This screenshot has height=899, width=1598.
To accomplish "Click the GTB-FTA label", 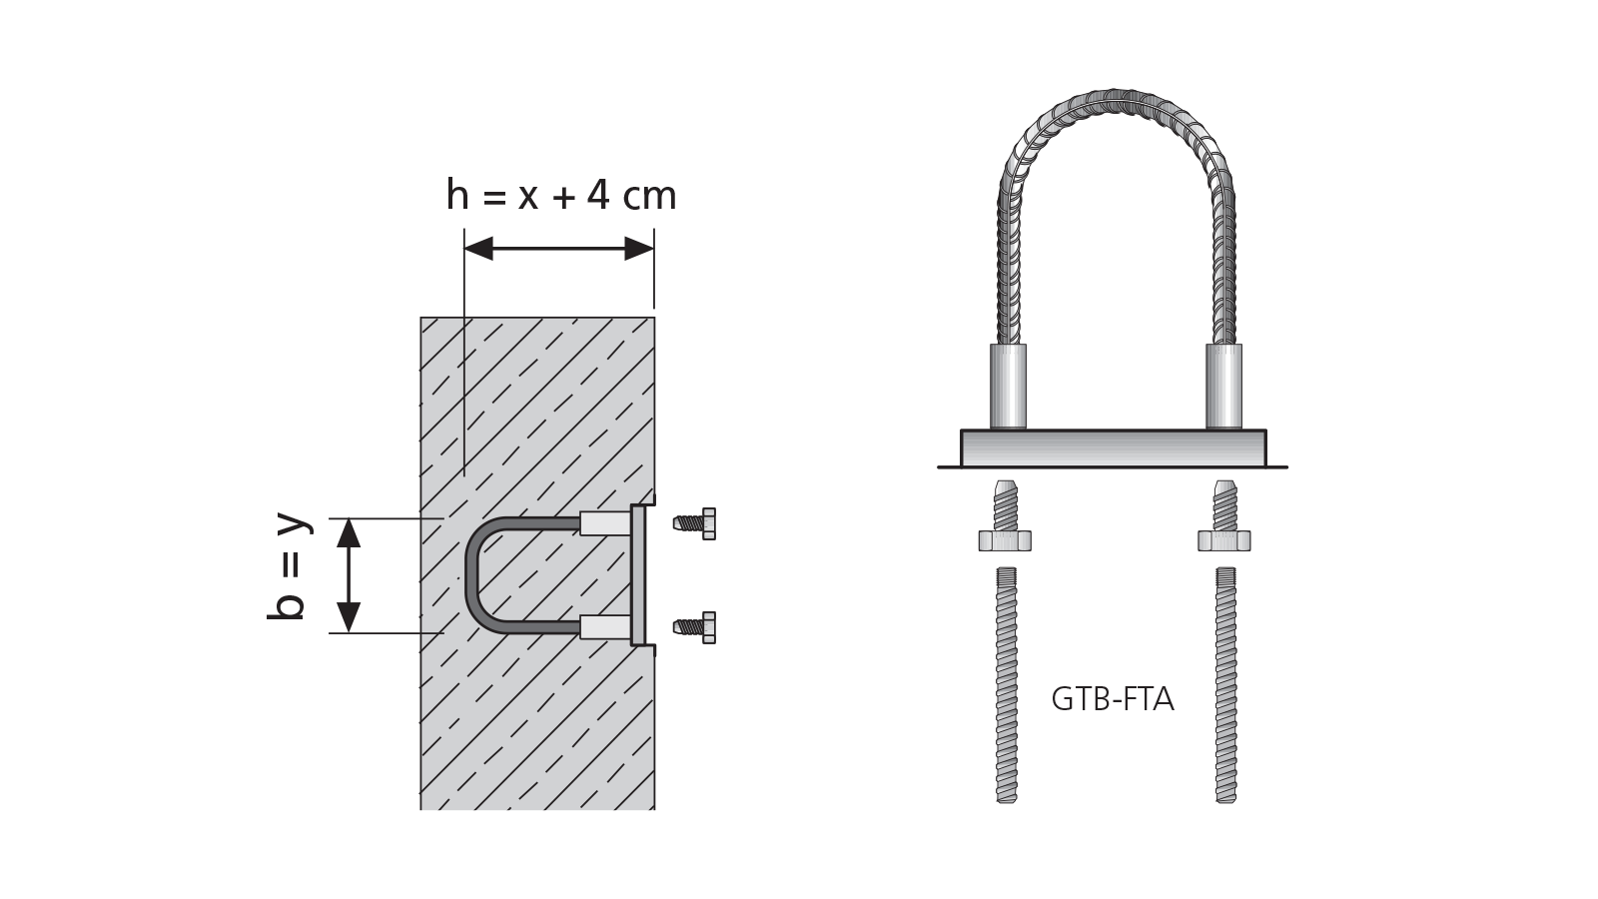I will pyautogui.click(x=1112, y=699).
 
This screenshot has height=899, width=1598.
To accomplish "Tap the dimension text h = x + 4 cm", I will pyautogui.click(x=561, y=196).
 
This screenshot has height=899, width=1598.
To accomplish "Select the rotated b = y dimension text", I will pyautogui.click(x=289, y=566).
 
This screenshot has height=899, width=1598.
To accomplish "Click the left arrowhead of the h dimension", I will pyautogui.click(x=478, y=249).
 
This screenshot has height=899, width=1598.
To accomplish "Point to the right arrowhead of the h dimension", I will pyautogui.click(x=639, y=249).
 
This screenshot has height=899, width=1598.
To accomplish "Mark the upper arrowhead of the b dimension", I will pyautogui.click(x=349, y=532).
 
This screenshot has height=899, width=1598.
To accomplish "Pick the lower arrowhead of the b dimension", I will pyautogui.click(x=349, y=617).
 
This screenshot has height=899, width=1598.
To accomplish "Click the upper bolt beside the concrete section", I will pyautogui.click(x=696, y=523).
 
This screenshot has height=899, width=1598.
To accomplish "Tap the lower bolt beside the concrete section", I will pyautogui.click(x=696, y=627).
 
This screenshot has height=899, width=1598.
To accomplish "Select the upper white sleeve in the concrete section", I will pyautogui.click(x=605, y=523).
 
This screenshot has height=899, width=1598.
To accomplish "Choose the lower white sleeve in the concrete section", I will pyautogui.click(x=605, y=627).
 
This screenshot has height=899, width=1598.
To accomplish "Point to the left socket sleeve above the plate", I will pyautogui.click(x=1008, y=387).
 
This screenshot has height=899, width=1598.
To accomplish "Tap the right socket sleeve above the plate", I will pyautogui.click(x=1223, y=387).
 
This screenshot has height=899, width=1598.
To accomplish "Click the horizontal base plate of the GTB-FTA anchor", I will pyautogui.click(x=1113, y=449).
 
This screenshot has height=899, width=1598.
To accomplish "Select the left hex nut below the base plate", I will pyautogui.click(x=1005, y=541).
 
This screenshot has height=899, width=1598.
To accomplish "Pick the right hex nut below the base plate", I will pyautogui.click(x=1224, y=541).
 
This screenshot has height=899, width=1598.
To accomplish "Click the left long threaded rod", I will pyautogui.click(x=1007, y=684).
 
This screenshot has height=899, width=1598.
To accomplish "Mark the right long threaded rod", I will pyautogui.click(x=1225, y=684).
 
